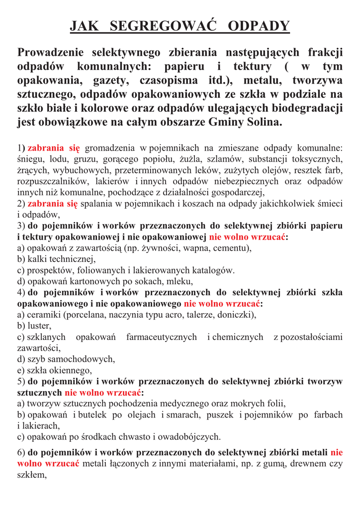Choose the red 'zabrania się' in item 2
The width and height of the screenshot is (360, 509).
(x=53, y=203)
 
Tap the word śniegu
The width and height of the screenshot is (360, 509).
(x=30, y=159)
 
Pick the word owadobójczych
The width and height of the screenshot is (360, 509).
(x=191, y=437)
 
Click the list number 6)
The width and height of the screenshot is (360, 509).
(x=21, y=452)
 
